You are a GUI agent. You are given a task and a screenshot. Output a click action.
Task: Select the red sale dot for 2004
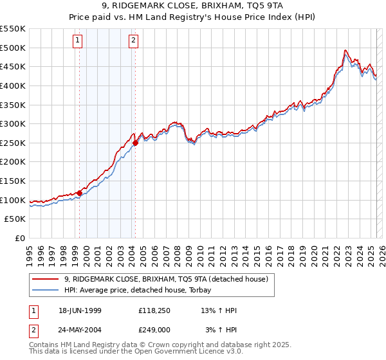click(136, 143)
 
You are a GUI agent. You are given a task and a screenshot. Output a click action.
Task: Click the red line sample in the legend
click(45, 279)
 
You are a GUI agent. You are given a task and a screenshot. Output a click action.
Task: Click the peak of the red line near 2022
click(345, 50)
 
